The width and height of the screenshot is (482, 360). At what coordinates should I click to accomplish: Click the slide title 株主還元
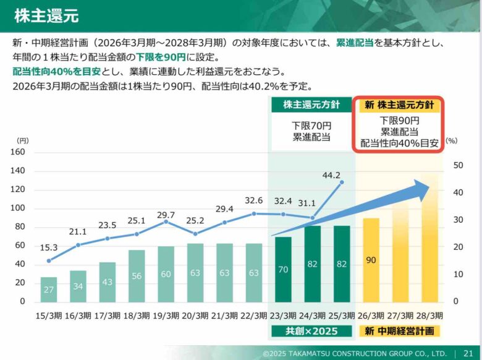click(46, 15)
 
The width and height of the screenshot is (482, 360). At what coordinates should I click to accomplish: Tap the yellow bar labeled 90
click(371, 260)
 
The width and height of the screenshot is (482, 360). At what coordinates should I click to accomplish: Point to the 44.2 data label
click(332, 175)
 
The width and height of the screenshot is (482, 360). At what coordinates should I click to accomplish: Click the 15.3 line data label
click(49, 248)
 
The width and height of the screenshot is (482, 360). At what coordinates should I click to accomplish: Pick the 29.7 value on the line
click(166, 215)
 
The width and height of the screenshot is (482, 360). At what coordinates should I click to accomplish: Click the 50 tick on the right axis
click(458, 165)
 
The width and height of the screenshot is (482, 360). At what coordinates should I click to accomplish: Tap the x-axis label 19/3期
click(166, 315)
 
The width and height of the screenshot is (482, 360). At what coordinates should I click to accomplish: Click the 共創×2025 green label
click(311, 331)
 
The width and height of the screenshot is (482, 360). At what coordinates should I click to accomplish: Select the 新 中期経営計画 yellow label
click(400, 331)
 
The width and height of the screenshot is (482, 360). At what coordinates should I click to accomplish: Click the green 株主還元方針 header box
click(311, 105)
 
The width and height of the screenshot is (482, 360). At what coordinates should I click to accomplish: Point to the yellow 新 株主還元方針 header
click(400, 105)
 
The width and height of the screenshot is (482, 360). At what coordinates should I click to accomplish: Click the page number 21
click(468, 353)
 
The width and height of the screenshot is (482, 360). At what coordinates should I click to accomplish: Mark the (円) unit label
click(22, 140)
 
